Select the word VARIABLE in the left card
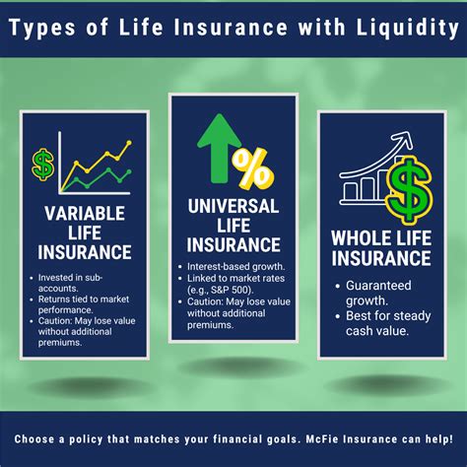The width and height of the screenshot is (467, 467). [x=85, y=215]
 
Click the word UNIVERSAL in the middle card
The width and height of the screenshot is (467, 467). [x=233, y=207]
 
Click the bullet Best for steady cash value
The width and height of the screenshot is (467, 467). [x=383, y=324]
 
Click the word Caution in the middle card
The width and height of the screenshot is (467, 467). [x=206, y=302]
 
